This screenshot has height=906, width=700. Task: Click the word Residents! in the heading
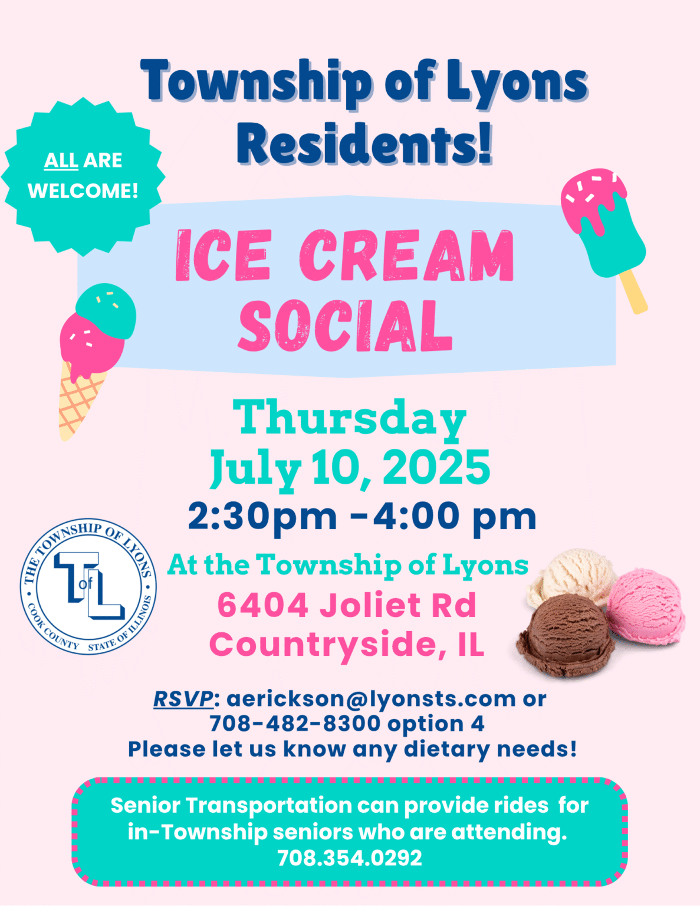click(364, 143)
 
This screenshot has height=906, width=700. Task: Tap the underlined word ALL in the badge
click(61, 160)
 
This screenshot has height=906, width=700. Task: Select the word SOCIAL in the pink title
click(345, 326)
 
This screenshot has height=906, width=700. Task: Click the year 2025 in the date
click(437, 468)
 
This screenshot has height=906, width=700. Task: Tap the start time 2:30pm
click(262, 517)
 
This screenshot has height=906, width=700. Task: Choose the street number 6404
click(263, 605)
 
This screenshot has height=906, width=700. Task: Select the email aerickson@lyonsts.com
click(372, 699)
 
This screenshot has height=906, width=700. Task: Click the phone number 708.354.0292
click(350, 858)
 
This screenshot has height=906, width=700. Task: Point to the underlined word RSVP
click(183, 699)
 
